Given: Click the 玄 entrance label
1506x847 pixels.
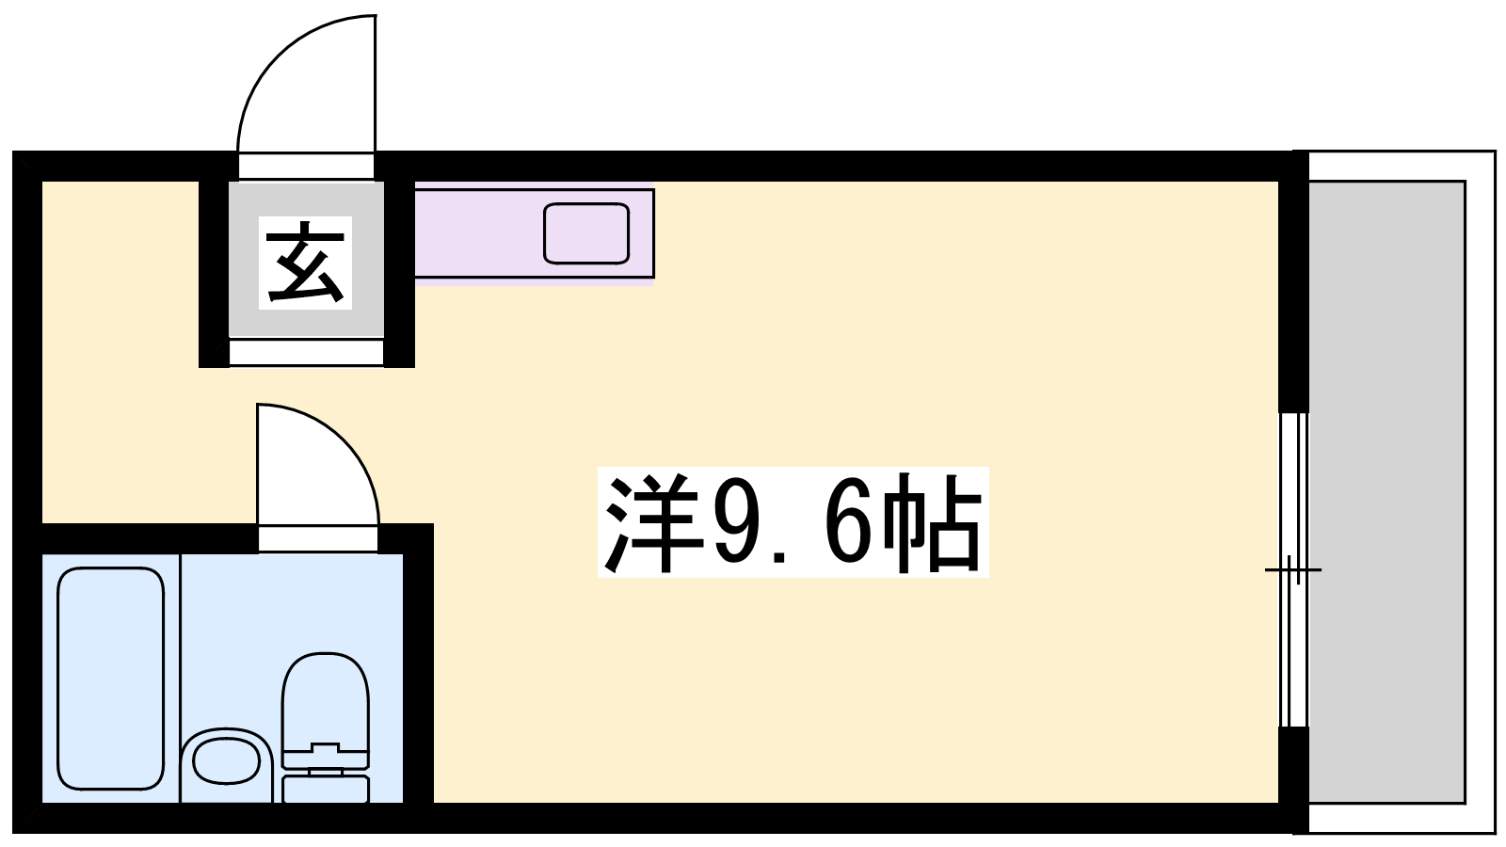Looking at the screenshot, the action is tap(305, 263).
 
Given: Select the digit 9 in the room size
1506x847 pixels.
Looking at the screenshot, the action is tap(735, 524).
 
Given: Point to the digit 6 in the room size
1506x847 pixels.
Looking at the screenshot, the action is tap(848, 524).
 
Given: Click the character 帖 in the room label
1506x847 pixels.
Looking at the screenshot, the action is tap(931, 523).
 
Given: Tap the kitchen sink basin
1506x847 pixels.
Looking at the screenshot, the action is tap(586, 232).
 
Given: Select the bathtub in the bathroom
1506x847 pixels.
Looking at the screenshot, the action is tap(111, 679).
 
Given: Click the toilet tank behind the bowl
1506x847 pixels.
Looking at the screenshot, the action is tap(326, 788).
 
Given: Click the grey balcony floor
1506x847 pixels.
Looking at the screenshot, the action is tap(1386, 491).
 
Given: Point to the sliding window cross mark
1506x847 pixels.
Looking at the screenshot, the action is tap(1293, 570).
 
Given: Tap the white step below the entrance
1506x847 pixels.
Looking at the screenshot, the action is tap(307, 352).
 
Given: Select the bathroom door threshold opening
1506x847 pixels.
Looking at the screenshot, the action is tap(318, 538).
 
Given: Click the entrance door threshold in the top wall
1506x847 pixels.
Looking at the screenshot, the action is tap(307, 166).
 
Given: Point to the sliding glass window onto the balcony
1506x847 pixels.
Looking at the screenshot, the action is tap(1293, 569).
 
